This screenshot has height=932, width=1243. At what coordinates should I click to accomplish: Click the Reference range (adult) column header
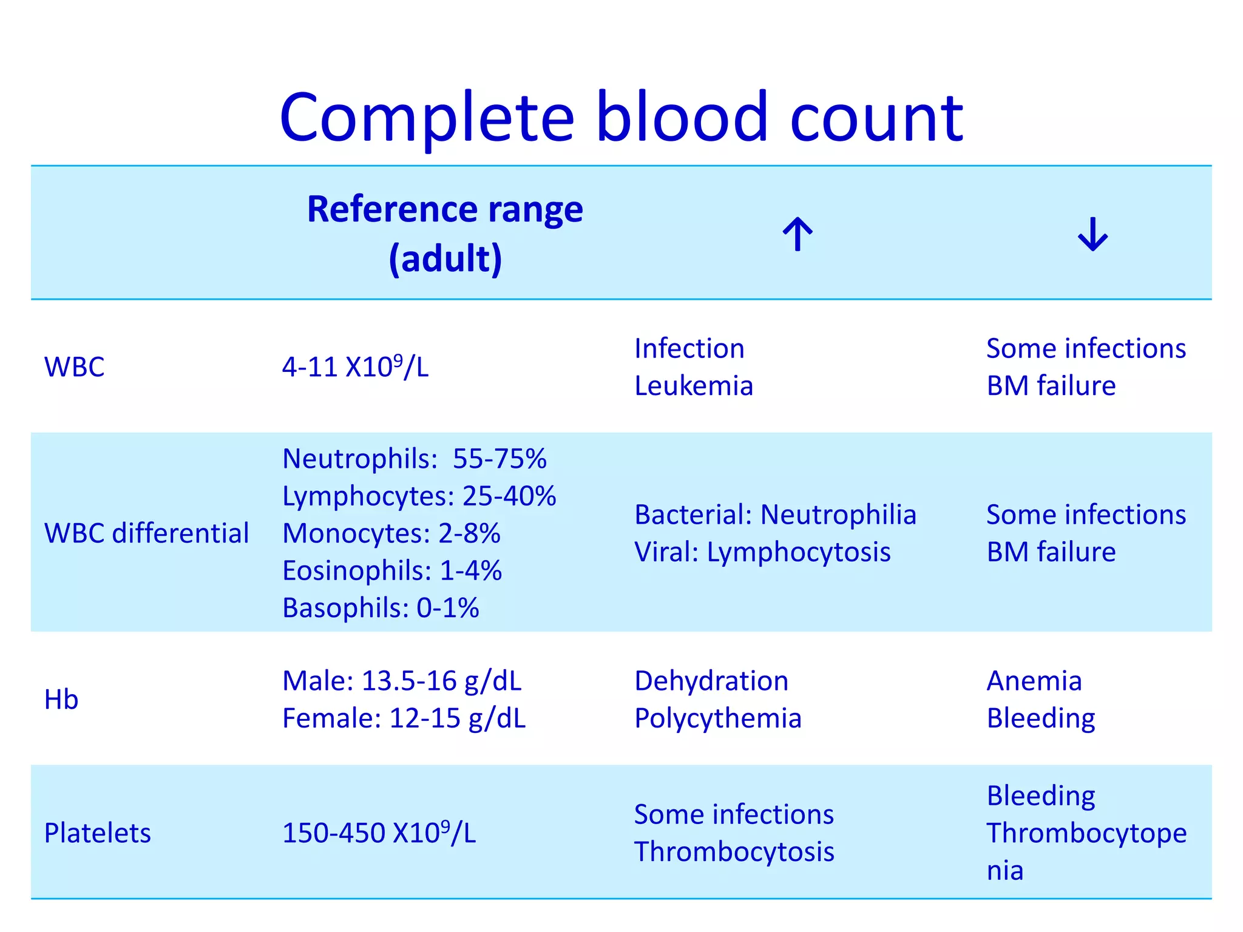(445, 234)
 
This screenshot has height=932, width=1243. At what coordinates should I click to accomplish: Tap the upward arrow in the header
(797, 234)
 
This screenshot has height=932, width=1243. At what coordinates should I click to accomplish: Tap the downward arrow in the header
(1092, 234)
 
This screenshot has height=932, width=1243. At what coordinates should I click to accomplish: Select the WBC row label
(74, 367)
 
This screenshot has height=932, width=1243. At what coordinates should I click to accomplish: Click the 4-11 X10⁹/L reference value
(355, 367)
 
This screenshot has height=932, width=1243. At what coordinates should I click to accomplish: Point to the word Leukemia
(694, 386)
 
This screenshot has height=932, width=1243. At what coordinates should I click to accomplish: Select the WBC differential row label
(146, 533)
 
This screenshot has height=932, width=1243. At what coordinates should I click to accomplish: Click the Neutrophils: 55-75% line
(415, 459)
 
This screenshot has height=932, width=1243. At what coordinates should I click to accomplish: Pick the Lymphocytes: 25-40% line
(419, 496)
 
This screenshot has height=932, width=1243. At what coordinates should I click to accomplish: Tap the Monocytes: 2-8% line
(391, 533)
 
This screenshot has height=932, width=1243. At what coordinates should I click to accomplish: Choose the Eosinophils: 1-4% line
(392, 571)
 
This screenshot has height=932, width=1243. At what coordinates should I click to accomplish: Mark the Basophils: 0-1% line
(381, 608)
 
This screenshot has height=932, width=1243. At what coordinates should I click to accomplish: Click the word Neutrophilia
(838, 515)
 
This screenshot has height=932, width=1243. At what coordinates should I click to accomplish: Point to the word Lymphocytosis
(799, 552)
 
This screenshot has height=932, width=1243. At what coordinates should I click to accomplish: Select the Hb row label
(61, 700)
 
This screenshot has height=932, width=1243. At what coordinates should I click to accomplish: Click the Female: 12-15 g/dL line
(404, 718)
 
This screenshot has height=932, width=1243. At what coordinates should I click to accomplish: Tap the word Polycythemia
(718, 718)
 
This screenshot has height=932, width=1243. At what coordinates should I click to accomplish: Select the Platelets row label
(97, 833)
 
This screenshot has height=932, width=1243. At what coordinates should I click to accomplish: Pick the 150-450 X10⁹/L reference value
(379, 833)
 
